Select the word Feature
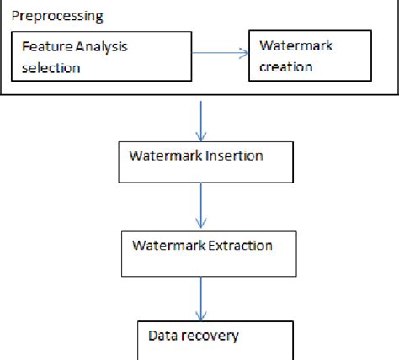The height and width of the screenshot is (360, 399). pos(44,50)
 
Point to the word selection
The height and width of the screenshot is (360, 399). pos(51,67)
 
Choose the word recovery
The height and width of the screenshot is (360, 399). pos(210,336)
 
